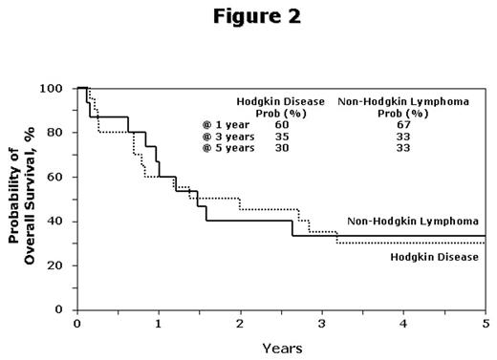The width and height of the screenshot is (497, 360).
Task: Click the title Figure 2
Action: point(248,16)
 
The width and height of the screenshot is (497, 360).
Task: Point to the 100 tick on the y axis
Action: point(56,89)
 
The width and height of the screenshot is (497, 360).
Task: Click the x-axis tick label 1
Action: point(159,323)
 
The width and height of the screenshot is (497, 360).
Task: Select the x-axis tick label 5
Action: point(485,323)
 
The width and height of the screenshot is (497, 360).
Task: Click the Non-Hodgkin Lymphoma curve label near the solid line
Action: point(413,221)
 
